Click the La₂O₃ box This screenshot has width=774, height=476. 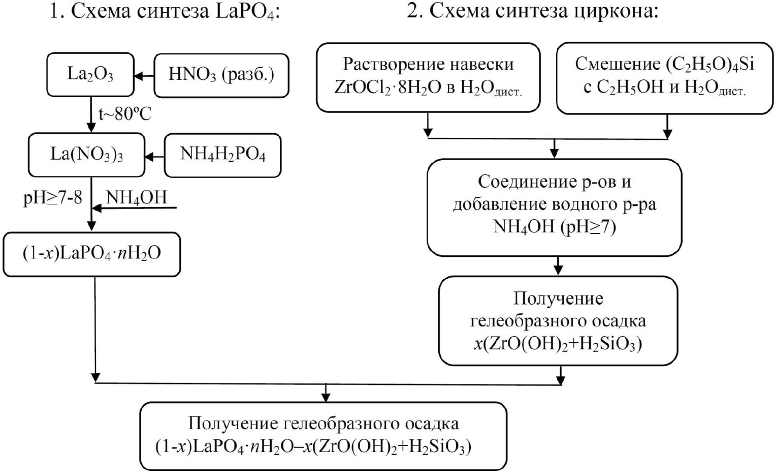coord(90,75)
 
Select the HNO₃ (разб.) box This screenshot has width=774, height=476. coord(221,75)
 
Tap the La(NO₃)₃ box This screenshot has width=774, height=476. coord(86,155)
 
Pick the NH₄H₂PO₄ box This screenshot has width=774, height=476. coord(222,155)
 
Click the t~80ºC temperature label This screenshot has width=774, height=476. coord(125,114)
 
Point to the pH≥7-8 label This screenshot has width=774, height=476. coord(53,198)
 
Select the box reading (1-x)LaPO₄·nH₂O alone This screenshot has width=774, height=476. coord(91,254)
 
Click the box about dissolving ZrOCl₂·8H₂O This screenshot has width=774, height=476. coord(428,77)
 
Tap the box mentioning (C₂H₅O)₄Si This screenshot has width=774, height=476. coord(664,77)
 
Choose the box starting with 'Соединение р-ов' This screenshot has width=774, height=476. coord(554,205)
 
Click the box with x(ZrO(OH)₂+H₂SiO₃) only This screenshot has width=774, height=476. coord(558,320)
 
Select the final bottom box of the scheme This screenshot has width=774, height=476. coord(324,436)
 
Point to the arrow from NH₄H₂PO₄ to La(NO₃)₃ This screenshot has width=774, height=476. coord(154,156)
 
